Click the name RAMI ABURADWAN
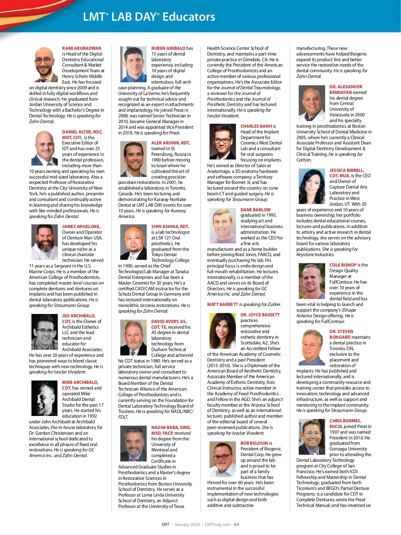82,48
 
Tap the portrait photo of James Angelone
45,242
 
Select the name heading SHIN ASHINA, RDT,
170,226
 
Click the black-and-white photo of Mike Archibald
45,398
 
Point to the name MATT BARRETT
223,304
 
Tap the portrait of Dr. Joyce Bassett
223,331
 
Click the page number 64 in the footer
237,524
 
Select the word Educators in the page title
189,17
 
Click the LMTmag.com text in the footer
218,524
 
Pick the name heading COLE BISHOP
343,265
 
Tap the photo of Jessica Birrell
312,186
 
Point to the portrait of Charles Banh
223,141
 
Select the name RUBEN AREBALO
168,48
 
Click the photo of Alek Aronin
134,158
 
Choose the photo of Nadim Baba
134,443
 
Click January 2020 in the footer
187,524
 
